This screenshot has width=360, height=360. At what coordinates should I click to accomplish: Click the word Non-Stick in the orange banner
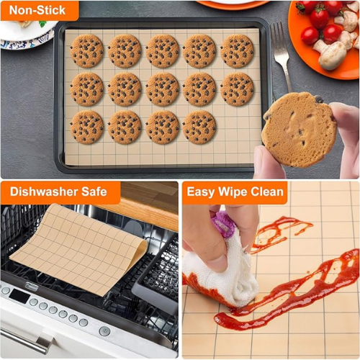(x=37, y=10)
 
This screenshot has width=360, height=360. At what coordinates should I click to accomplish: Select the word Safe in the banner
(x=94, y=192)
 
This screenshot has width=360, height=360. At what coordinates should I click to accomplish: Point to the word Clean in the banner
(x=267, y=192)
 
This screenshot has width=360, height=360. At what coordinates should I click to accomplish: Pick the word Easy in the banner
(x=201, y=192)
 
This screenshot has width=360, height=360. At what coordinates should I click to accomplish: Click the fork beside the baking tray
(x=281, y=56)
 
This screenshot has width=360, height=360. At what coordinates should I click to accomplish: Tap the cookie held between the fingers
(x=299, y=130)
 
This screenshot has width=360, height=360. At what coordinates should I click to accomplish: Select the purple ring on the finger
(x=224, y=224)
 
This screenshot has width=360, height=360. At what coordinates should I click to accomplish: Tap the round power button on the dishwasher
(x=104, y=331)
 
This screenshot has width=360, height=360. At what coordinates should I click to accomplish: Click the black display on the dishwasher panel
(x=19, y=296)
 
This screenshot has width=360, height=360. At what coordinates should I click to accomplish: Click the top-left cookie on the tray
(x=87, y=51)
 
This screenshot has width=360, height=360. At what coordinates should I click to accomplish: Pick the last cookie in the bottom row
(x=199, y=127)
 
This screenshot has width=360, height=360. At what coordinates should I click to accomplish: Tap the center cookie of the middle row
(x=163, y=89)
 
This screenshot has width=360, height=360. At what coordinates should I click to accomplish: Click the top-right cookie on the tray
(x=237, y=51)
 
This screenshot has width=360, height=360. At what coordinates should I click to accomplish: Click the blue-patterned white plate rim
(x=29, y=41)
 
